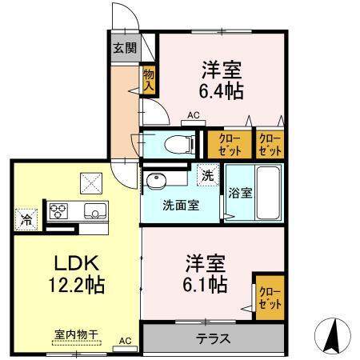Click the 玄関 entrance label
(124, 48)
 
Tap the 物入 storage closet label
(149, 80)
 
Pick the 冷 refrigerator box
(24, 216)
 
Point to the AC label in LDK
(124, 338)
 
